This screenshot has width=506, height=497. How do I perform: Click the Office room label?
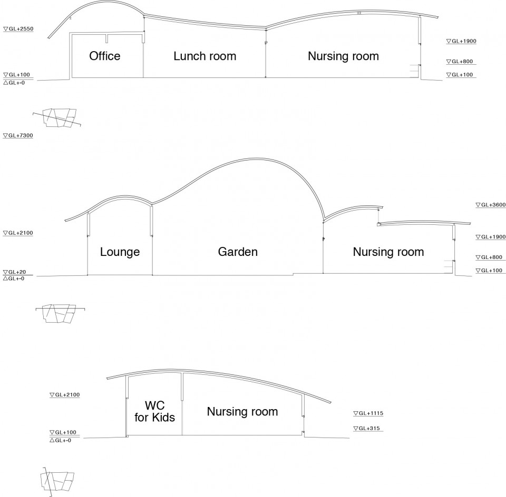tap(104, 56)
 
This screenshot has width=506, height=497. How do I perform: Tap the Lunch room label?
tap(205, 56)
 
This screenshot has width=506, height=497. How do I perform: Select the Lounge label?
tap(120, 252)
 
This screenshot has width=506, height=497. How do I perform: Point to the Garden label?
tap(238, 252)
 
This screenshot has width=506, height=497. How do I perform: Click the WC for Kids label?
tap(155, 411)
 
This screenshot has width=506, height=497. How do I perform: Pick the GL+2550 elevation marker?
tap(18, 29)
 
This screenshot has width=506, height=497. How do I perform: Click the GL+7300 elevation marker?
tap(18, 136)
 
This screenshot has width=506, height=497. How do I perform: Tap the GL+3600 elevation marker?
tap(491, 205)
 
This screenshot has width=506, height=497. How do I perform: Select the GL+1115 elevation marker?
tap(368, 413)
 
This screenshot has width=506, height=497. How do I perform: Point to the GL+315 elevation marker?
tap(367, 429)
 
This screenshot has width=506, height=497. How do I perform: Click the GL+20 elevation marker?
tap(15, 272)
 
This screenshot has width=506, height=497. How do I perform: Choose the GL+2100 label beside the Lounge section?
tap(18, 233)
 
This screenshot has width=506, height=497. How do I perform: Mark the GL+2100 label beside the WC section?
tap(64, 394)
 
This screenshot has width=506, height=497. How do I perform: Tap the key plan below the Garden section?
tap(60, 313)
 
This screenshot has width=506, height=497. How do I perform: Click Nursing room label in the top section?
tap(343, 56)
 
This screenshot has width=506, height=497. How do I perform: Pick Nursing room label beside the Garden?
tap(388, 252)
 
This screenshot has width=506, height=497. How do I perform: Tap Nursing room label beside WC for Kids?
tap(242, 412)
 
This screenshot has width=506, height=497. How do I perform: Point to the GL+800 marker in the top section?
tap(460, 62)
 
